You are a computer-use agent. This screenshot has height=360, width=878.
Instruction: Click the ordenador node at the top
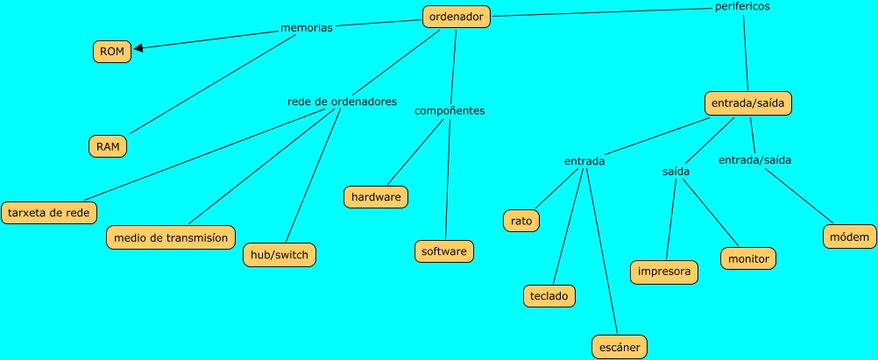[456, 15]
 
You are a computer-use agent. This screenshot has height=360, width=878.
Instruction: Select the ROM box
[111, 52]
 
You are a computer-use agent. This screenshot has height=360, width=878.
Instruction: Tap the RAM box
[108, 146]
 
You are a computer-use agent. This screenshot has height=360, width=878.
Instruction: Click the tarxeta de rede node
[48, 212]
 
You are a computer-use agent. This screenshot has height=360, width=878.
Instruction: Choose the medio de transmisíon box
[171, 236]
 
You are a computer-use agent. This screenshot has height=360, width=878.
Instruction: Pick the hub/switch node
[278, 255]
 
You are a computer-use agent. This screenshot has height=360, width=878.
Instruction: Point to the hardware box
[376, 197]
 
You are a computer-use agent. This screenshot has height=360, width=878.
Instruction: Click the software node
[444, 251]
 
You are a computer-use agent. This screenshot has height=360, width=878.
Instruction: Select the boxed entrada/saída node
[748, 103]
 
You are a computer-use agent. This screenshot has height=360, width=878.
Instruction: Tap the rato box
[520, 221]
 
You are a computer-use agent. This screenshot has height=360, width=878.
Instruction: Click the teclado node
[549, 296]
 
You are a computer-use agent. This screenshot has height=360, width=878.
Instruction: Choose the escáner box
[619, 347]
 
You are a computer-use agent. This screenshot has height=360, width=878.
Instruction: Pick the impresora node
[664, 272]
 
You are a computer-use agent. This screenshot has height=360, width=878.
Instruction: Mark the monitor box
[747, 258]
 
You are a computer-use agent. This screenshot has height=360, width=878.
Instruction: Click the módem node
[848, 236]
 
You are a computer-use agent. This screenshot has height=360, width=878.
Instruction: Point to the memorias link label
[306, 28]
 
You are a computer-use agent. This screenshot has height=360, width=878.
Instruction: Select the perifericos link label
[743, 6]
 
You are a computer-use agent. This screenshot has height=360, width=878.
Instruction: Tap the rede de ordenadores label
[342, 101]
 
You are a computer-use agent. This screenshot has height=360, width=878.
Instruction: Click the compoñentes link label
[450, 110]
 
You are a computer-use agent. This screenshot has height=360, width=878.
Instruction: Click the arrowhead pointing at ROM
[138, 48]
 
